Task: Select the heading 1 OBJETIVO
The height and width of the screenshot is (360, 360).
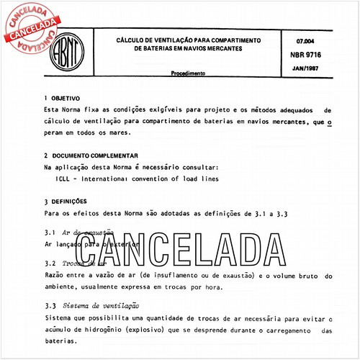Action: pyautogui.click(x=61, y=99)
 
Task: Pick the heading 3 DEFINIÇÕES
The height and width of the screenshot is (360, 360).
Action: pyautogui.click(x=65, y=202)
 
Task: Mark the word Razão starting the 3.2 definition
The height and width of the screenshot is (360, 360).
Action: pyautogui.click(x=56, y=276)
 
